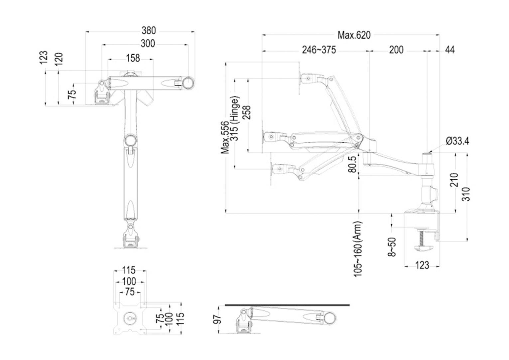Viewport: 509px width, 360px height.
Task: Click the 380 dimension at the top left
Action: pos(149,31)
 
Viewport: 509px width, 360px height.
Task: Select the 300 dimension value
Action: pos(148,44)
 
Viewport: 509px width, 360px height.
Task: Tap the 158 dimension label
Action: pos(133,58)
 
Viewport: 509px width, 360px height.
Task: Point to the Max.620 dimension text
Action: pos(354,35)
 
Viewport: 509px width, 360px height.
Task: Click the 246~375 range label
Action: pos(319,50)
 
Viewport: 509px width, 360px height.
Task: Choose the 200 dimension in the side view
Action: pos(396,50)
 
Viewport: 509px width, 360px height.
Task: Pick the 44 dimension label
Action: pos(449,50)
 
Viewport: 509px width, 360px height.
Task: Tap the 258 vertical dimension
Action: pos(247,112)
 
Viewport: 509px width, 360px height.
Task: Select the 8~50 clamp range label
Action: pos(392,247)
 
